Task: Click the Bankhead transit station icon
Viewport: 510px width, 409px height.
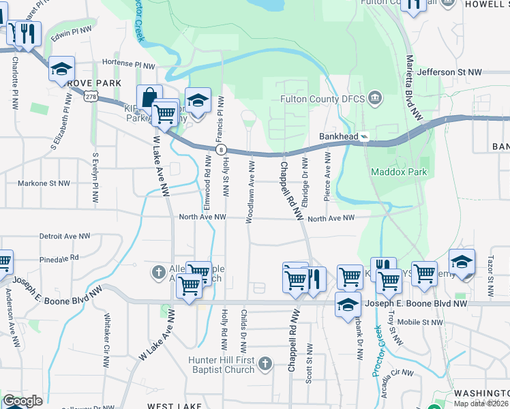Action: click(365, 136)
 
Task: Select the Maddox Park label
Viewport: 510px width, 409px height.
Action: click(399, 172)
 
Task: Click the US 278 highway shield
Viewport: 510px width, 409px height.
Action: click(91, 97)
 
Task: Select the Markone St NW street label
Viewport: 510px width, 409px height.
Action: click(44, 183)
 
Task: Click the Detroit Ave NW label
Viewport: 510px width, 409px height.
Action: click(65, 236)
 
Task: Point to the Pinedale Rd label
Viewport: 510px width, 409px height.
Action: click(59, 259)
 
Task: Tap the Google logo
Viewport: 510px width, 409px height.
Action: click(23, 401)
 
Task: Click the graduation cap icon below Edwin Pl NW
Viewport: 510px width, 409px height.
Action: click(61, 69)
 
